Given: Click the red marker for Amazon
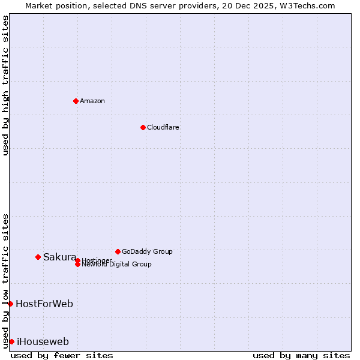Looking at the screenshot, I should [76, 101].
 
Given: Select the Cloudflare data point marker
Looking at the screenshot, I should [143, 127].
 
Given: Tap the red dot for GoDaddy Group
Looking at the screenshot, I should [118, 251].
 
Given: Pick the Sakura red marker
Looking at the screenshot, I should [38, 257].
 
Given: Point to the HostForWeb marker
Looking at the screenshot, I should [10, 304].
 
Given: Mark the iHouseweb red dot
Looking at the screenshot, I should [11, 341].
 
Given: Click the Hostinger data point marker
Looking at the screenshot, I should [77, 260].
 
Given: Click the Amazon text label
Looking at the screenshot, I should [92, 101].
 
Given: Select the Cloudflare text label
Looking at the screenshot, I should [163, 127].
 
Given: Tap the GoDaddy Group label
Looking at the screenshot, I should [147, 251].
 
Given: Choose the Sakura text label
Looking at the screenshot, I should [59, 257].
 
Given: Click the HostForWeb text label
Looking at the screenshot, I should [44, 304].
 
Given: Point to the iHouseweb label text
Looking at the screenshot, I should [43, 341].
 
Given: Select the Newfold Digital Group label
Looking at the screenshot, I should [116, 265].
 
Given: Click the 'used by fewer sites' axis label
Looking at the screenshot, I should [62, 356].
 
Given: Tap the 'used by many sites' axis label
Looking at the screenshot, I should [301, 356].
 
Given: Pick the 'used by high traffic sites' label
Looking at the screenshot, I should [6, 85].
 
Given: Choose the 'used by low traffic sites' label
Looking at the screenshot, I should [6, 280].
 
